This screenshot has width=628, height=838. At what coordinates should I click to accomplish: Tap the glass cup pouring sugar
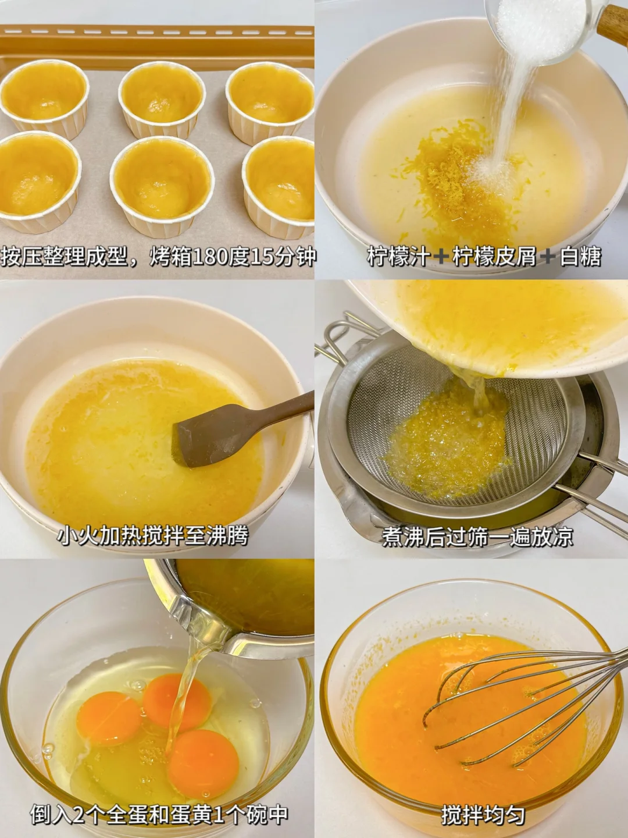(541, 29)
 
